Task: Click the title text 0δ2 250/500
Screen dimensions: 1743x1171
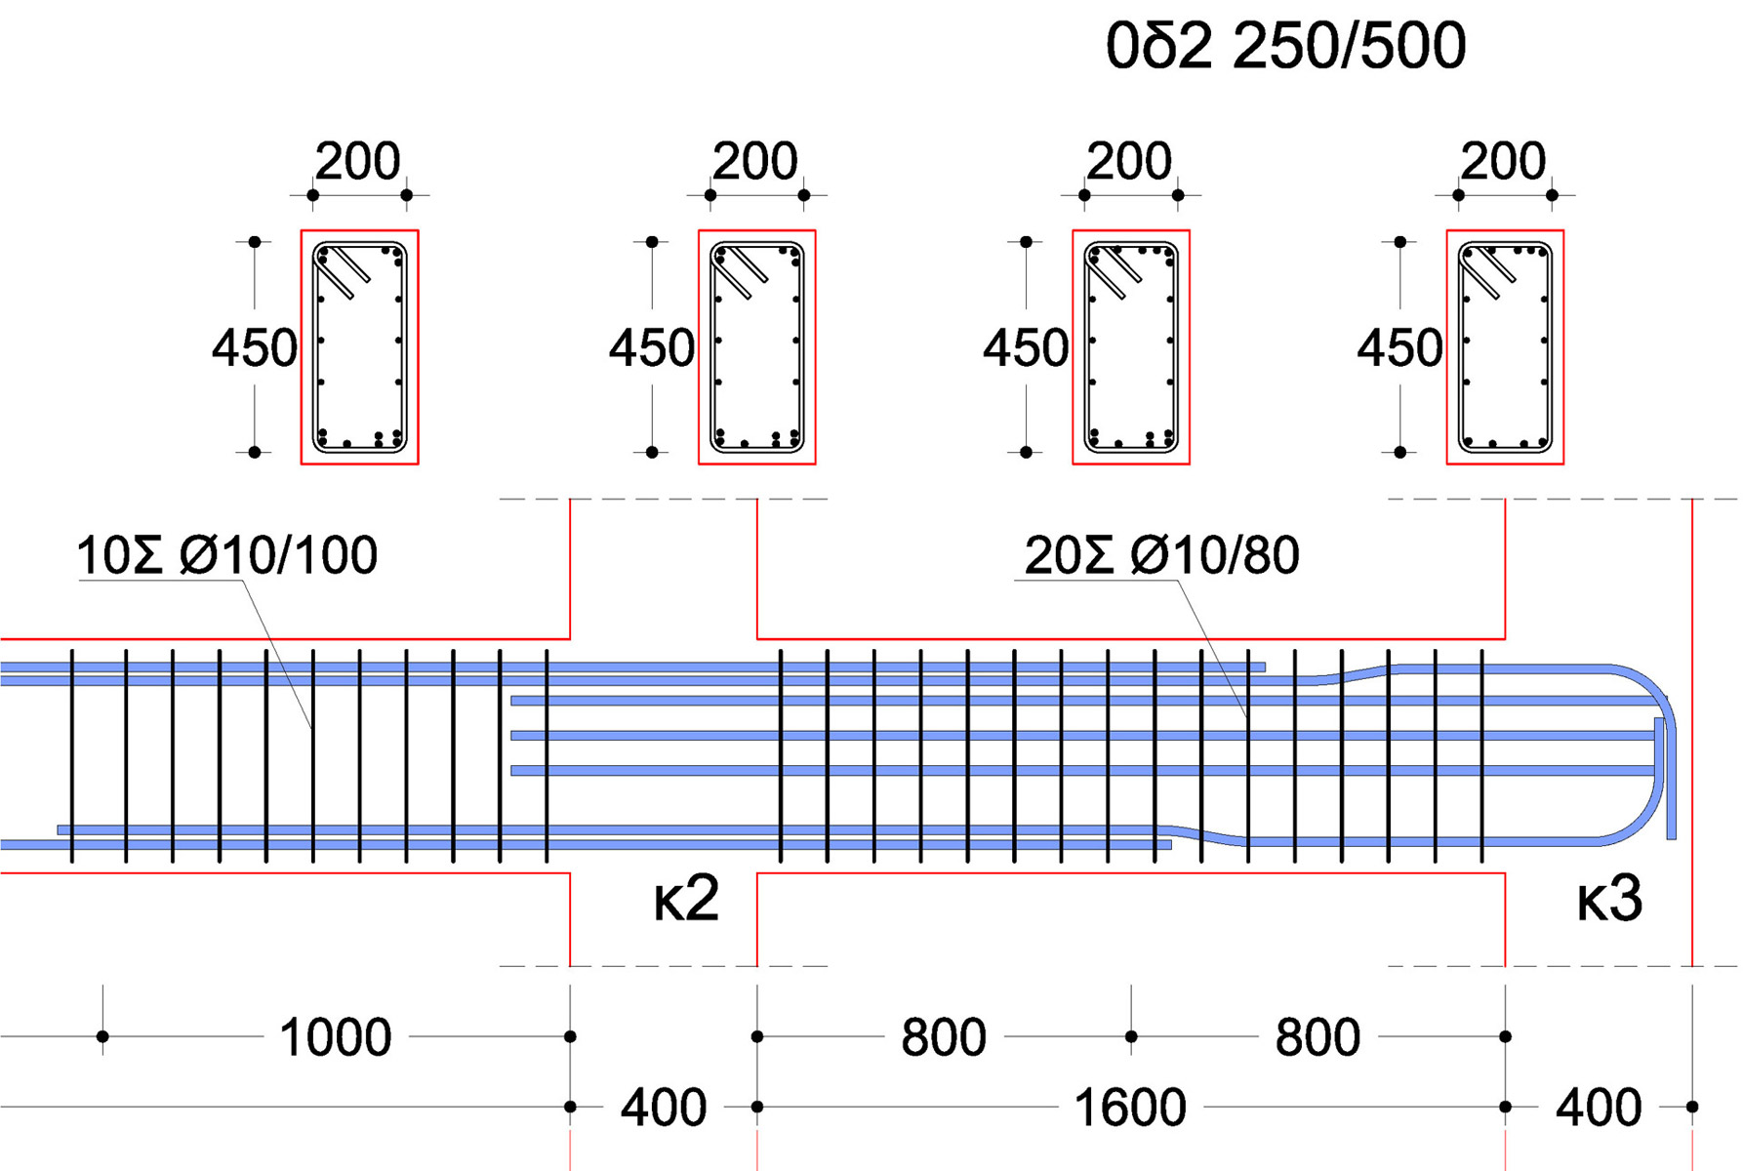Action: [1285, 46]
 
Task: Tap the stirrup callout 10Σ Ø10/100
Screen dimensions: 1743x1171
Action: [226, 555]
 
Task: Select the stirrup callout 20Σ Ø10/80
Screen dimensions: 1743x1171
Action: [1161, 555]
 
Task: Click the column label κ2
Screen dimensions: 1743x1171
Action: [686, 899]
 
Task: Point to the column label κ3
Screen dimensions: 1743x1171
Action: [1609, 899]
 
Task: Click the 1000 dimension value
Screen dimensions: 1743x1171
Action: [335, 1037]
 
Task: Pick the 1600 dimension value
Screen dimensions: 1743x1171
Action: [1130, 1108]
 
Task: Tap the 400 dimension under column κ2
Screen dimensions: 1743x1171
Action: [664, 1108]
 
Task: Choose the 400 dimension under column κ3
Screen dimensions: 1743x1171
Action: [1599, 1108]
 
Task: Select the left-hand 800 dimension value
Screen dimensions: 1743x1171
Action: [944, 1037]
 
